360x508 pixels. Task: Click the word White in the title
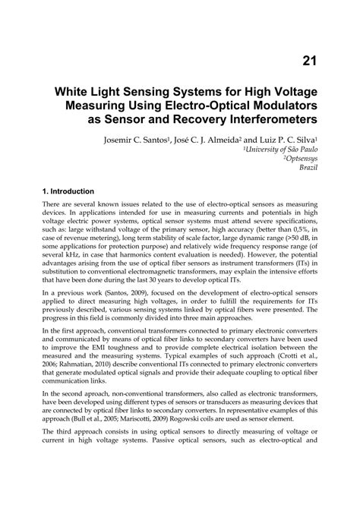click(74, 90)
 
